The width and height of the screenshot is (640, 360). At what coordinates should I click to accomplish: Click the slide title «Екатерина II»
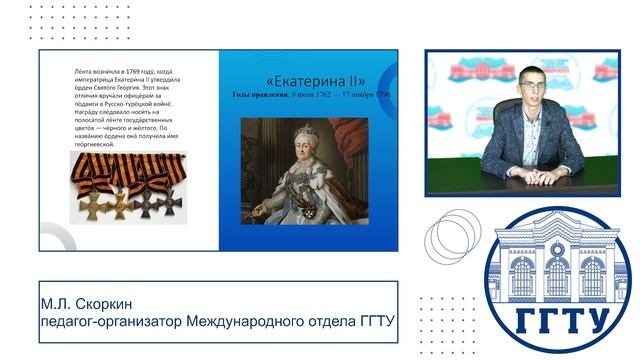(315, 80)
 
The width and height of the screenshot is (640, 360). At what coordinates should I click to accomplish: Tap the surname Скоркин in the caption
(101, 303)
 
